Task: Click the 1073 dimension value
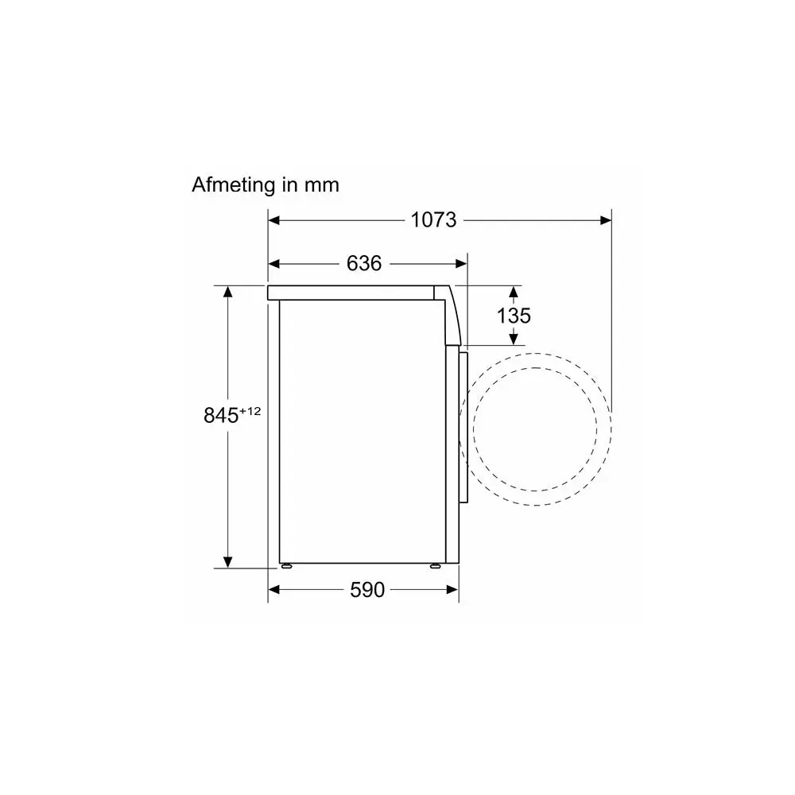click(433, 220)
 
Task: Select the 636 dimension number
click(364, 263)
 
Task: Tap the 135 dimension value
click(514, 316)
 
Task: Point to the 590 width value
click(367, 590)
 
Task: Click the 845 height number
click(221, 415)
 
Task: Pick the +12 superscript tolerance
click(250, 411)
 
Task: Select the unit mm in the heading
click(321, 185)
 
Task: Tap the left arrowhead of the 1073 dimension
click(273, 220)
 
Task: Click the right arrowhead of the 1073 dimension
click(605, 220)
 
